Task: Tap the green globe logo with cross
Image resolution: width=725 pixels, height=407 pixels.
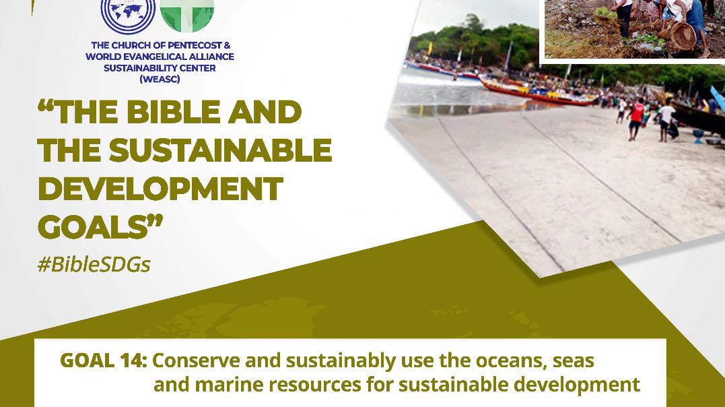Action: click(187, 15)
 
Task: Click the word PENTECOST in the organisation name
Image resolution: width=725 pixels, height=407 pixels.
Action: click(193, 45)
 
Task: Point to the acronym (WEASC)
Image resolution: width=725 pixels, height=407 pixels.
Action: click(160, 80)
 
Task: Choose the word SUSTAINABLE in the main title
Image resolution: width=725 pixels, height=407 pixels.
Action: click(221, 150)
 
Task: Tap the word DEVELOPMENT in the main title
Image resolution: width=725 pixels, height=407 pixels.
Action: click(160, 189)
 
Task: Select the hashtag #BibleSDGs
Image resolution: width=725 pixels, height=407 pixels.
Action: click(94, 264)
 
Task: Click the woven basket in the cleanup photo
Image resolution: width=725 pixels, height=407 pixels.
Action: click(683, 36)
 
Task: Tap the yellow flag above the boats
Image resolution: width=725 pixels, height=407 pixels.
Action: click(430, 48)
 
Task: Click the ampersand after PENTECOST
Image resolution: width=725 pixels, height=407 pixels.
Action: click(226, 45)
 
